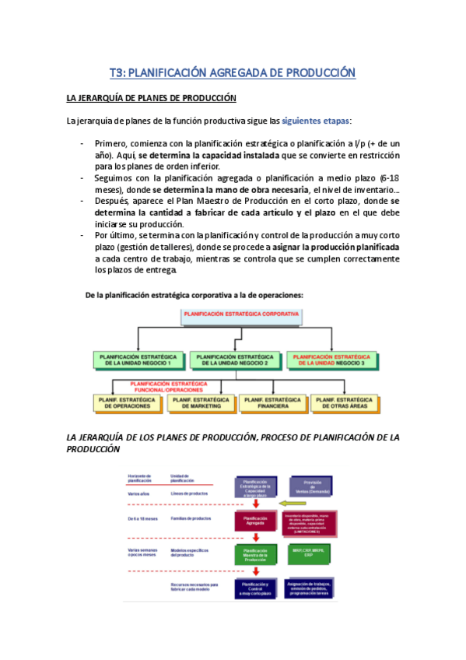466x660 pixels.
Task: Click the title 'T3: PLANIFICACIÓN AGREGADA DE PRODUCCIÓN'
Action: (x=232, y=72)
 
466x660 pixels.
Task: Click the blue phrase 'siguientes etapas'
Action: (x=315, y=121)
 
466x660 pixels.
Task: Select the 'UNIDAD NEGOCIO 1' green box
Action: (x=139, y=360)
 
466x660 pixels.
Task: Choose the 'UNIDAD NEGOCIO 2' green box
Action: (x=235, y=360)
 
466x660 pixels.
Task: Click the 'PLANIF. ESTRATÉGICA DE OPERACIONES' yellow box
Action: (x=127, y=402)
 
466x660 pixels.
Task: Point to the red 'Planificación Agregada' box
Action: (x=255, y=521)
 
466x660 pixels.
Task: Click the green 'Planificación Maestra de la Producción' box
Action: (x=255, y=555)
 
